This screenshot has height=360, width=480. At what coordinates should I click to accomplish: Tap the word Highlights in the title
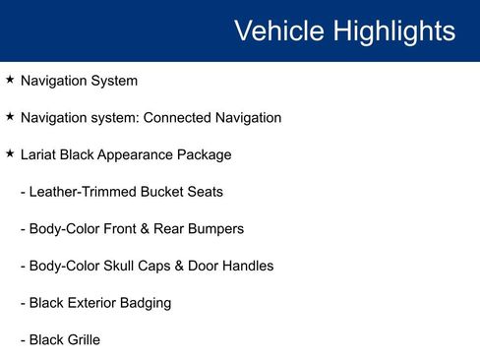pos(392,30)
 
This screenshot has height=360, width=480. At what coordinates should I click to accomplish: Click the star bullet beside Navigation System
pos(10,80)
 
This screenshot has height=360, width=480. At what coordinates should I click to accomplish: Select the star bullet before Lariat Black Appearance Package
pos(10,154)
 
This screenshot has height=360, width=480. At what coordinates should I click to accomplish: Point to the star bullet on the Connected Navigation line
pos(10,117)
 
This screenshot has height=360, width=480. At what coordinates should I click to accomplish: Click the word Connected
pos(177,118)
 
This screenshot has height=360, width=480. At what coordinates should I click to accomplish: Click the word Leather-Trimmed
pos(83,192)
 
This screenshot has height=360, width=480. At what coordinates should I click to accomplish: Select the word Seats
pos(205,192)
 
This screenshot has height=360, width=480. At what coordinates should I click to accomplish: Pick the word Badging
pos(148,303)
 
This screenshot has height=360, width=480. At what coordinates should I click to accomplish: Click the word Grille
pos(82,340)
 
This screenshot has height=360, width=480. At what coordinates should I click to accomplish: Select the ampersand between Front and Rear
pos(146,229)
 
